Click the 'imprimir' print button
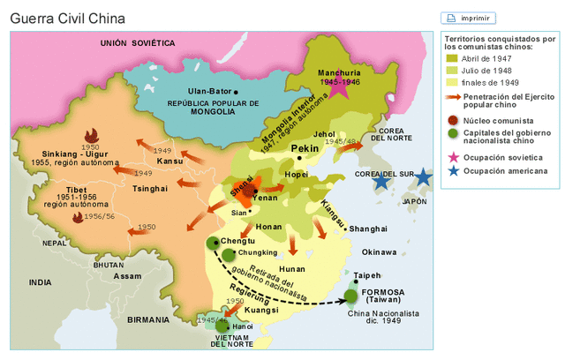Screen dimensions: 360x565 (x=468, y=18)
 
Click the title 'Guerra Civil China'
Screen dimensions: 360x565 (x=67, y=18)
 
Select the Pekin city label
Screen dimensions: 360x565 (x=305, y=148)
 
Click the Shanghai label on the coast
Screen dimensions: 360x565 (x=368, y=229)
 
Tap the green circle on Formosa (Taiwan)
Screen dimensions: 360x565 (x=351, y=296)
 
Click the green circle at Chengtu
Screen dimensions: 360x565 (x=212, y=243)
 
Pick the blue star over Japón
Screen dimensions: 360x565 (x=423, y=177)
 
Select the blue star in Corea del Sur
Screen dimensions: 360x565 (x=380, y=181)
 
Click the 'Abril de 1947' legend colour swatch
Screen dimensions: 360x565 (x=451, y=58)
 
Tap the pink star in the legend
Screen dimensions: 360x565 (x=452, y=157)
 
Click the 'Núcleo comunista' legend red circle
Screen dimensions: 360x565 (x=452, y=120)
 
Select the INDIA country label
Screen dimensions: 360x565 (x=40, y=282)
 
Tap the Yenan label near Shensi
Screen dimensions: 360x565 (x=265, y=199)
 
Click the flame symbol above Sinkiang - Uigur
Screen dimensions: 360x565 (x=89, y=135)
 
